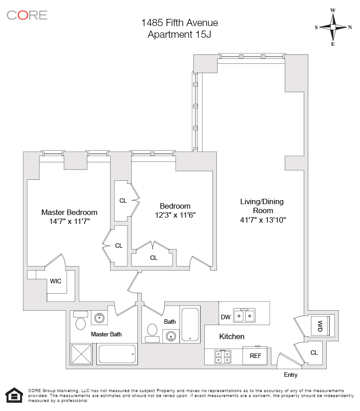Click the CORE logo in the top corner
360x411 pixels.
pyautogui.click(x=27, y=15)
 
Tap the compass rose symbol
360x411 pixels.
pyautogui.click(x=333, y=27)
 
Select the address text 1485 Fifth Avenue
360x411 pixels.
pyautogui.click(x=180, y=23)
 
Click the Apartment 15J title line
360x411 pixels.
pyautogui.click(x=180, y=34)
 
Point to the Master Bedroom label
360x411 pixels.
pyautogui.click(x=69, y=212)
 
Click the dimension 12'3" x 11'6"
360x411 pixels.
pyautogui.click(x=175, y=215)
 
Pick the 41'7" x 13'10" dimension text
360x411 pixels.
pyautogui.click(x=263, y=220)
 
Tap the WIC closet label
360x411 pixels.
pyautogui.click(x=56, y=281)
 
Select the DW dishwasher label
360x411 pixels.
pyautogui.click(x=225, y=317)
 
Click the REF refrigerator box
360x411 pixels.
pyautogui.click(x=255, y=356)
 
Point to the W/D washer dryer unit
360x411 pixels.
pyautogui.click(x=321, y=325)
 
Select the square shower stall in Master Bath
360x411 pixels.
pyautogui.click(x=81, y=354)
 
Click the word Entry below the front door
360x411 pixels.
pyautogui.click(x=290, y=375)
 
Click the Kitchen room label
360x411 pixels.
pyautogui.click(x=232, y=336)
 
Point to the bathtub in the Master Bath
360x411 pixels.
pyautogui.click(x=117, y=354)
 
